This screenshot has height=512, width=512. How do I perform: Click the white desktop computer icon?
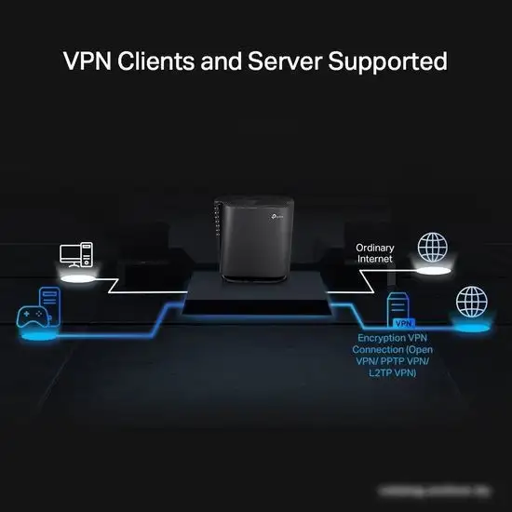[x=76, y=255]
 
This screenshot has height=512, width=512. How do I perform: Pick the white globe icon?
[x=432, y=247]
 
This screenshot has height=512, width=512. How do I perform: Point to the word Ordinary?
[x=375, y=248]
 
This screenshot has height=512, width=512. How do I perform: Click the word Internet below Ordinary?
[x=375, y=260]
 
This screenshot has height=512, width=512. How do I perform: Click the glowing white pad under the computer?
[x=76, y=276]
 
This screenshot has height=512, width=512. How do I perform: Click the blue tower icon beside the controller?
[x=51, y=303]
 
